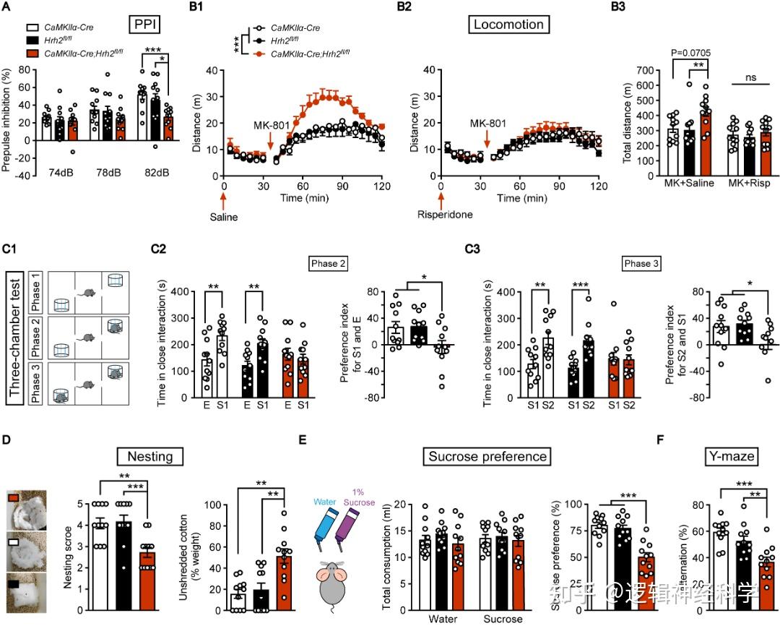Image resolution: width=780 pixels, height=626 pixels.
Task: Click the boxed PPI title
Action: (146, 25)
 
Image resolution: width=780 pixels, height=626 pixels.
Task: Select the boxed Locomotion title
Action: (508, 25)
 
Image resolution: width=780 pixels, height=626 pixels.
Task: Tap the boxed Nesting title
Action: (150, 456)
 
